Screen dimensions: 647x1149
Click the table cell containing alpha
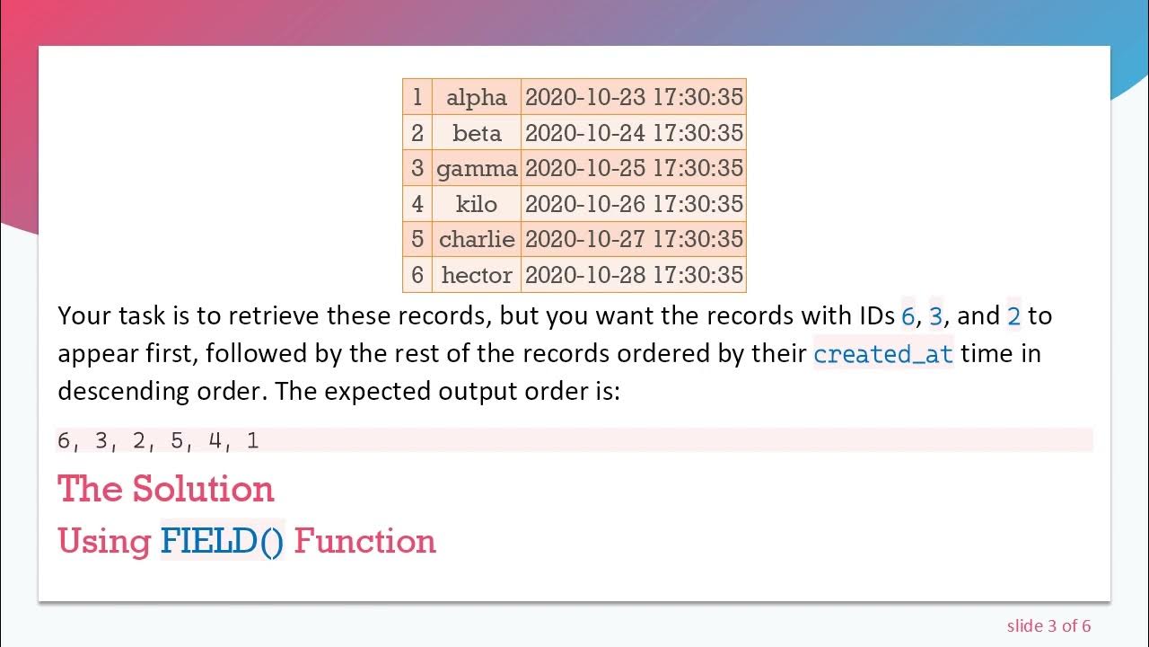(477, 97)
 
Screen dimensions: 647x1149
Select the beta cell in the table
(477, 133)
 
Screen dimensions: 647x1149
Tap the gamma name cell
(477, 168)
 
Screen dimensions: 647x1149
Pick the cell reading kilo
(477, 204)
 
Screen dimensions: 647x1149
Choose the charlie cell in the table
(477, 239)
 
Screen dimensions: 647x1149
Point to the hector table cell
(477, 275)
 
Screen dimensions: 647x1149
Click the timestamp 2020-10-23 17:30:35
(634, 97)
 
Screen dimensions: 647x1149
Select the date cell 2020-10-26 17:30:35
(634, 204)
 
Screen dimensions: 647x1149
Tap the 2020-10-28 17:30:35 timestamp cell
(634, 275)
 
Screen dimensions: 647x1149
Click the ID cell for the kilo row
(417, 204)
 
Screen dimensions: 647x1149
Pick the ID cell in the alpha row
(417, 97)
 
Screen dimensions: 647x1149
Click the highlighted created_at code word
(883, 354)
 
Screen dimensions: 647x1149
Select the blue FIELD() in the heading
(222, 541)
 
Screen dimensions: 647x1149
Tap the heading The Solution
(166, 489)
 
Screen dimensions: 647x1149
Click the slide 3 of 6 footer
(1048, 625)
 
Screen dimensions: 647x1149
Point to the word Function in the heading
(364, 541)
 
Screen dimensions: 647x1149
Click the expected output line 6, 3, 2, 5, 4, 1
(158, 440)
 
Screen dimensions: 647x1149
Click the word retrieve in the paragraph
(275, 316)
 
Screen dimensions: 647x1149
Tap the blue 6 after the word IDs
(908, 316)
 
